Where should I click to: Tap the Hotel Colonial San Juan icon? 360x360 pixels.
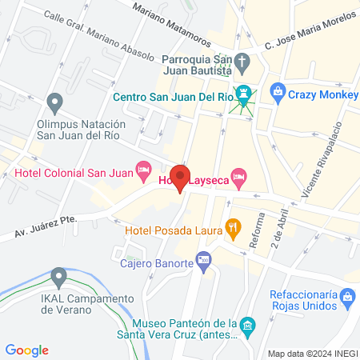144,169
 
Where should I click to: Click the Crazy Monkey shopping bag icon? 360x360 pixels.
278,91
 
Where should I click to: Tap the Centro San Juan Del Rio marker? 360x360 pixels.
243,95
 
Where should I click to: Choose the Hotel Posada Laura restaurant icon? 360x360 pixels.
233,226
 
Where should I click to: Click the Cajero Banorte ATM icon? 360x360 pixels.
205,262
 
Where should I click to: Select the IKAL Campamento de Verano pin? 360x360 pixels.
58,277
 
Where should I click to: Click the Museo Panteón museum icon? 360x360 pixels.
248,326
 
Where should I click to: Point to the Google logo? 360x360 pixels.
26,350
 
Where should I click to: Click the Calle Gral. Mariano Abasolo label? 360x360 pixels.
98,35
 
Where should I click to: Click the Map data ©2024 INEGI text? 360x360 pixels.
311,353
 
